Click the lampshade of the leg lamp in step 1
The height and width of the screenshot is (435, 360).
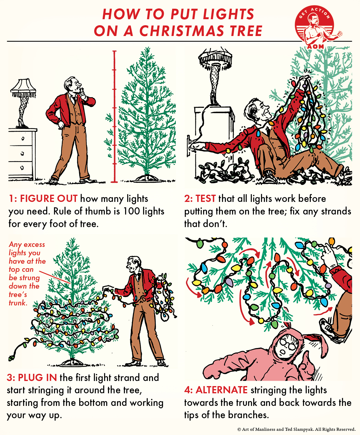click(23, 88)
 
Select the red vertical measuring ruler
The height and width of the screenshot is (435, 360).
click(114, 116)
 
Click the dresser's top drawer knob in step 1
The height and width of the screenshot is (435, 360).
click(22, 139)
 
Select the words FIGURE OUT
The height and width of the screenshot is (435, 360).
click(49, 199)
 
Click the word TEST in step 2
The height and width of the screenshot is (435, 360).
click(205, 199)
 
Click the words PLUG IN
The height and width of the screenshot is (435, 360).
click(37, 377)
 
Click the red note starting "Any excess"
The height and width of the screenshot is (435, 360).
click(27, 273)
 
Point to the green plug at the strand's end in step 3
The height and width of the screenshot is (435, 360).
click(11, 358)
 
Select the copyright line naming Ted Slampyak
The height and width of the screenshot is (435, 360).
click(296, 429)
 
